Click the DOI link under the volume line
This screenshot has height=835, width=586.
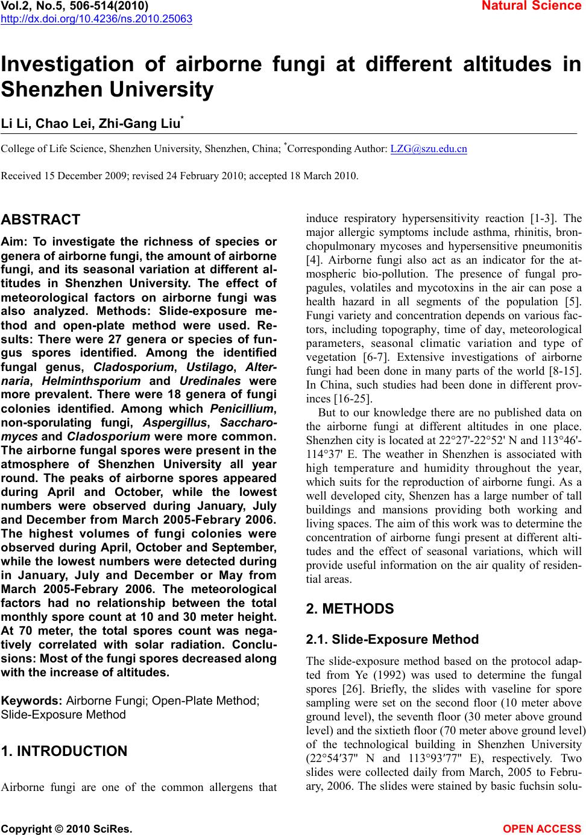pyautogui.click(x=96, y=19)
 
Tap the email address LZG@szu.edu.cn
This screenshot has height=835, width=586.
pyautogui.click(x=429, y=148)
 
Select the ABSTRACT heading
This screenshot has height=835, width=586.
pyautogui.click(x=41, y=220)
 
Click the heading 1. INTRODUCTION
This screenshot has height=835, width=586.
pyautogui.click(x=65, y=751)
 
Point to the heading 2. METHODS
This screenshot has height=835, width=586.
pyautogui.click(x=350, y=609)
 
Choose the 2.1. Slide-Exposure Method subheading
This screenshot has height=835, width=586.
pyautogui.click(x=392, y=640)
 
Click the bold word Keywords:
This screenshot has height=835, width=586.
pyautogui.click(x=33, y=701)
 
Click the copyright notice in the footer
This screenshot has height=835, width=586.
pyautogui.click(x=67, y=828)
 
